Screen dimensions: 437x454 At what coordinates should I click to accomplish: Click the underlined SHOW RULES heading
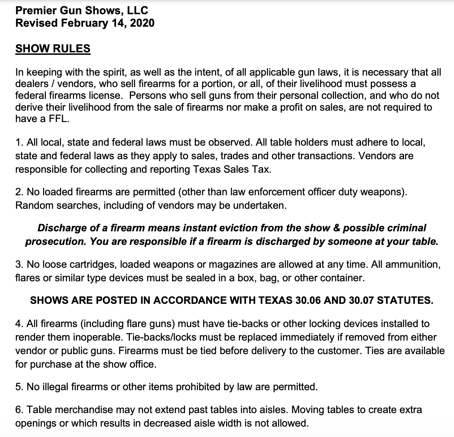pos(53,48)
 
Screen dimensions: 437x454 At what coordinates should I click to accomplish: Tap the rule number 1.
pos(19,142)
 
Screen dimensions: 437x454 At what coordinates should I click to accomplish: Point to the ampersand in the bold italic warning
pos(335,228)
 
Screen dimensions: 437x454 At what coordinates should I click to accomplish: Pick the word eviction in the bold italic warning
pos(236,228)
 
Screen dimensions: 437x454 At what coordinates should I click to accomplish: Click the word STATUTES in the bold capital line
pos(405,300)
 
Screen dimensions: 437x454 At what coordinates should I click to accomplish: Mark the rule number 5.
pos(19,387)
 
